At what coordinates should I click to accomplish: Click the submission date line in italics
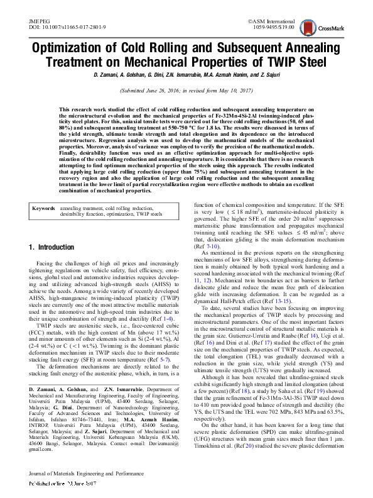(x=186, y=91)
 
